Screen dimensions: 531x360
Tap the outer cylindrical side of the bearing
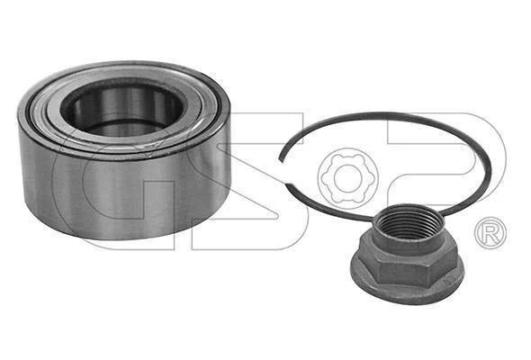click(125, 190)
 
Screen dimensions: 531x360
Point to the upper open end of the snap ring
click(281, 158)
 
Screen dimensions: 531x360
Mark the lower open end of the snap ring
click(288, 184)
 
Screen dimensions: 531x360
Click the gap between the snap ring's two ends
click(283, 172)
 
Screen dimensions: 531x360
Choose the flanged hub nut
click(408, 255)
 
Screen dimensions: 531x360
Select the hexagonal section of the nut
click(408, 261)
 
